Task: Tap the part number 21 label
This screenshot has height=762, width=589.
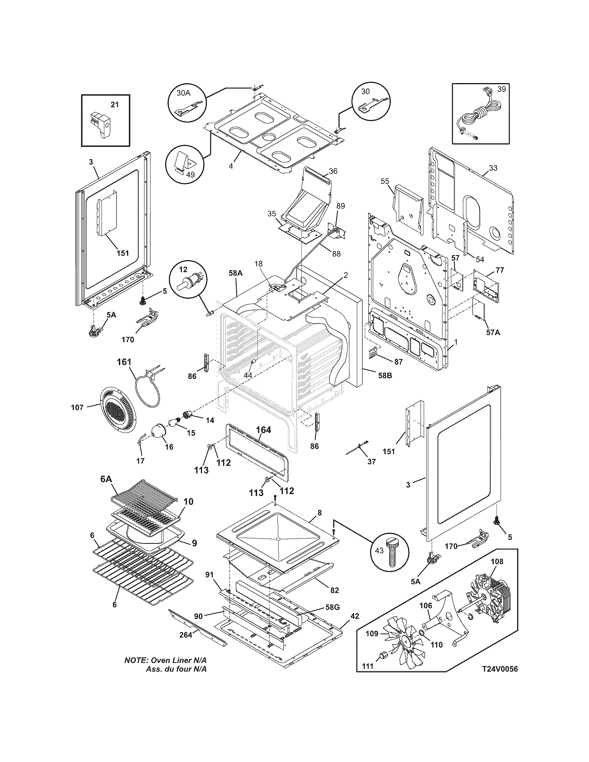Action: (x=115, y=104)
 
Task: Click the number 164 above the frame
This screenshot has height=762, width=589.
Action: (x=263, y=430)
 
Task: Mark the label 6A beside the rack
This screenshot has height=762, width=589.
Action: (x=106, y=479)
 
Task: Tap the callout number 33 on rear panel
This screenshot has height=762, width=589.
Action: (x=493, y=168)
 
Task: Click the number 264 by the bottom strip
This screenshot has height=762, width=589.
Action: (x=186, y=635)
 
